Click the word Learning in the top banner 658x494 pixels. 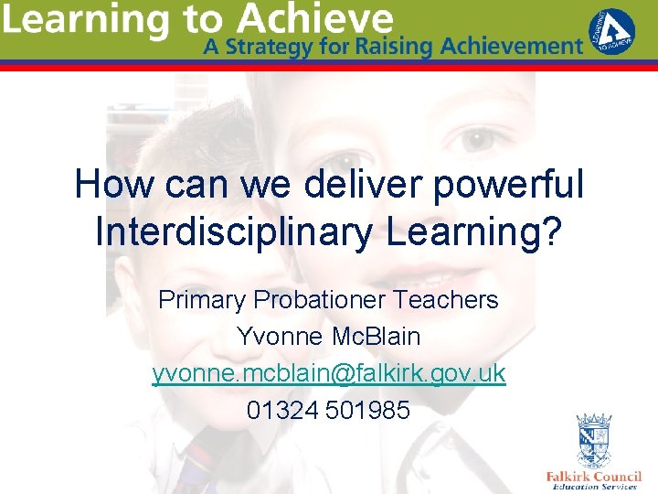[80, 20]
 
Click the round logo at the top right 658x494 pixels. [613, 32]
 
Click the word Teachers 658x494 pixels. [453, 299]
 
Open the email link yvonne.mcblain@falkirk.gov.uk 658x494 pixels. [329, 374]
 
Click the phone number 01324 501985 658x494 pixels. [329, 411]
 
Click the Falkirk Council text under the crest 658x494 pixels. [593, 477]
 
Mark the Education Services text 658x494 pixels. [593, 488]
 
